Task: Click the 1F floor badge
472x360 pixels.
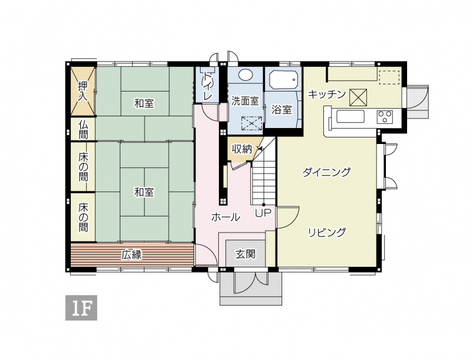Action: [81, 307]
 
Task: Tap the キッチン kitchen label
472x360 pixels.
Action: [327, 94]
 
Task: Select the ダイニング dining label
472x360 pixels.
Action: [327, 172]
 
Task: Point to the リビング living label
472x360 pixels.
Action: [327, 232]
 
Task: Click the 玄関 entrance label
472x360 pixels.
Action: [245, 254]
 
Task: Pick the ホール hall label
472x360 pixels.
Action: [225, 217]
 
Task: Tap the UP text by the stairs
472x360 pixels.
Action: [263, 213]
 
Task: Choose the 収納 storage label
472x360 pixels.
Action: [242, 149]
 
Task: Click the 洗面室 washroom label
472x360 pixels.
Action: [245, 101]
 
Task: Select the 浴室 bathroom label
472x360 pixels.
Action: [282, 110]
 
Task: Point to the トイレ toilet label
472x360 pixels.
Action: [208, 86]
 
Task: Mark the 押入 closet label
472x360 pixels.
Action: [83, 91]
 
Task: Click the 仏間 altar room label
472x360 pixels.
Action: [83, 129]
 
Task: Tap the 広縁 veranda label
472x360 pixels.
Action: [132, 255]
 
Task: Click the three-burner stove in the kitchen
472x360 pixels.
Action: [385, 117]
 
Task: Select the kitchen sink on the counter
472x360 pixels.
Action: [350, 116]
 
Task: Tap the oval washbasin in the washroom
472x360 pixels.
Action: [246, 74]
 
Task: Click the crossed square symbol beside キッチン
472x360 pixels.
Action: [358, 97]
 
